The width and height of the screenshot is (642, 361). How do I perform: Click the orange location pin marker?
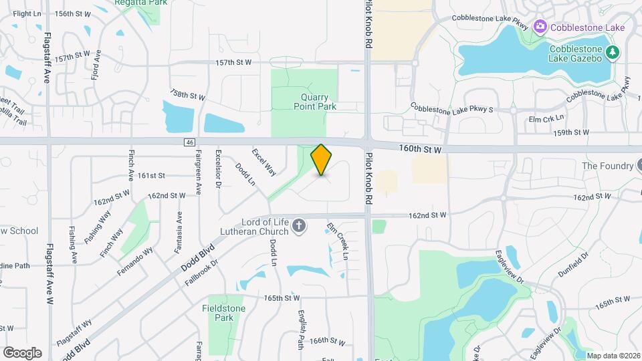pos(322,160)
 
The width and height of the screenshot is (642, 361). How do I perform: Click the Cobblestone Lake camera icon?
pos(540,27)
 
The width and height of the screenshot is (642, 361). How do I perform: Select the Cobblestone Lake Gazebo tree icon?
pos(611,52)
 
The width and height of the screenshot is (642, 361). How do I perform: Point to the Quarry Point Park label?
pos(314,102)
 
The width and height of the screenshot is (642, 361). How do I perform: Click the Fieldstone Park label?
pos(223,313)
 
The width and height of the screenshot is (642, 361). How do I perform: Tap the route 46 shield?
pos(190,142)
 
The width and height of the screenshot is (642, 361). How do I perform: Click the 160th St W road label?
pos(419,150)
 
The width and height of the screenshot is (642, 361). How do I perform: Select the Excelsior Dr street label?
pos(218,170)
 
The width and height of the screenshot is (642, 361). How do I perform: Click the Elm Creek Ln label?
pos(337,241)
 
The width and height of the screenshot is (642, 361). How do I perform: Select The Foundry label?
pos(607,166)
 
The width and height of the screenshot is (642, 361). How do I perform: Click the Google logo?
pos(22,352)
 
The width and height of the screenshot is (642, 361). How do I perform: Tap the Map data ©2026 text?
pos(613,356)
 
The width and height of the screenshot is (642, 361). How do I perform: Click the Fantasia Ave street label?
pos(179,231)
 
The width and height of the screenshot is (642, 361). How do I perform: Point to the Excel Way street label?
pos(263,162)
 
